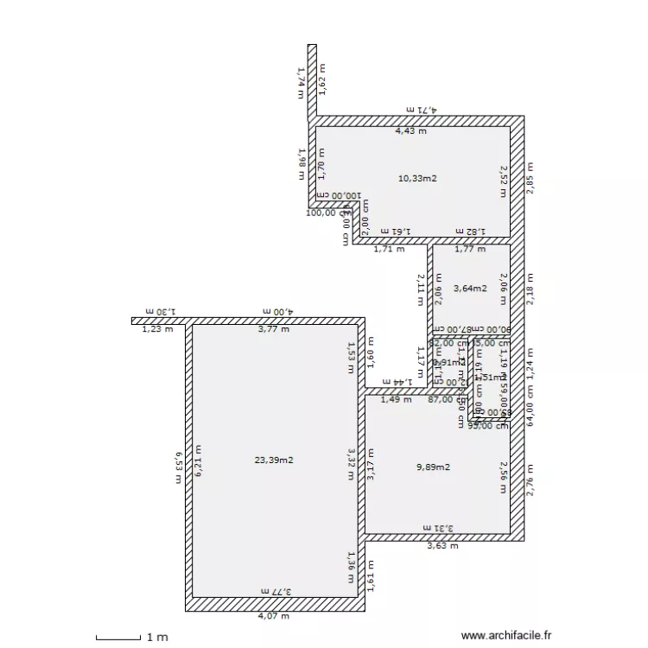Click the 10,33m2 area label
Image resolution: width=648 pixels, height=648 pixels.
417,179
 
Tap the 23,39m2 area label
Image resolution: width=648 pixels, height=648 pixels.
275,461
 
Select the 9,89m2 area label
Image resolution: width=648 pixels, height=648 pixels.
433,467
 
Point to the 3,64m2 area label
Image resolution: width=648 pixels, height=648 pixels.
470,289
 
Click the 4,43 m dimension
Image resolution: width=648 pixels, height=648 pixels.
410,131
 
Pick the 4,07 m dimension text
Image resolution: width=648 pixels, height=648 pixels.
273,616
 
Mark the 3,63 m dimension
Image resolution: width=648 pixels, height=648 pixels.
442,545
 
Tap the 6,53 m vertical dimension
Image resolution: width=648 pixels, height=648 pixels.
178,467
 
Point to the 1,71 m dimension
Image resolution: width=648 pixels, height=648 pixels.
388,249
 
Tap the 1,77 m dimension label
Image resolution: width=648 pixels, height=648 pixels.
470,249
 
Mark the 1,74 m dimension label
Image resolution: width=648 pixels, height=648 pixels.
302,82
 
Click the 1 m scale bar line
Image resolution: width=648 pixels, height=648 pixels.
118,638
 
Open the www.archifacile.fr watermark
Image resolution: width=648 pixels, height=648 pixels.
505,635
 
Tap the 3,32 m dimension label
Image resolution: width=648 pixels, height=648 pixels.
352,464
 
